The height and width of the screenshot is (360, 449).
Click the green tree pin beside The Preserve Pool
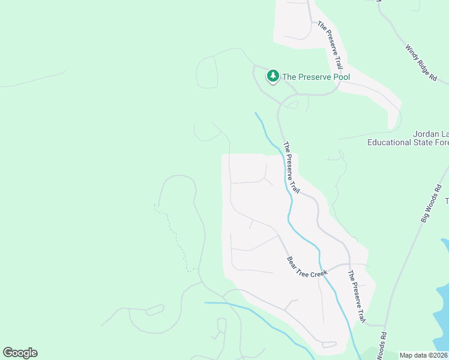(x=274, y=76)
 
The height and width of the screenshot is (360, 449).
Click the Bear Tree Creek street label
(x=307, y=267)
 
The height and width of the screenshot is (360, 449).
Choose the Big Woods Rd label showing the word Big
(x=426, y=215)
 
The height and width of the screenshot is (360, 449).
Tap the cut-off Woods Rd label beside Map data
(x=382, y=347)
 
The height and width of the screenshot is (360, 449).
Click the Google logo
(x=20, y=353)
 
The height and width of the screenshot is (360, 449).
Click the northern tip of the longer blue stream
(x=256, y=113)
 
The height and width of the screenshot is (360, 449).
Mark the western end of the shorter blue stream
(x=205, y=303)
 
